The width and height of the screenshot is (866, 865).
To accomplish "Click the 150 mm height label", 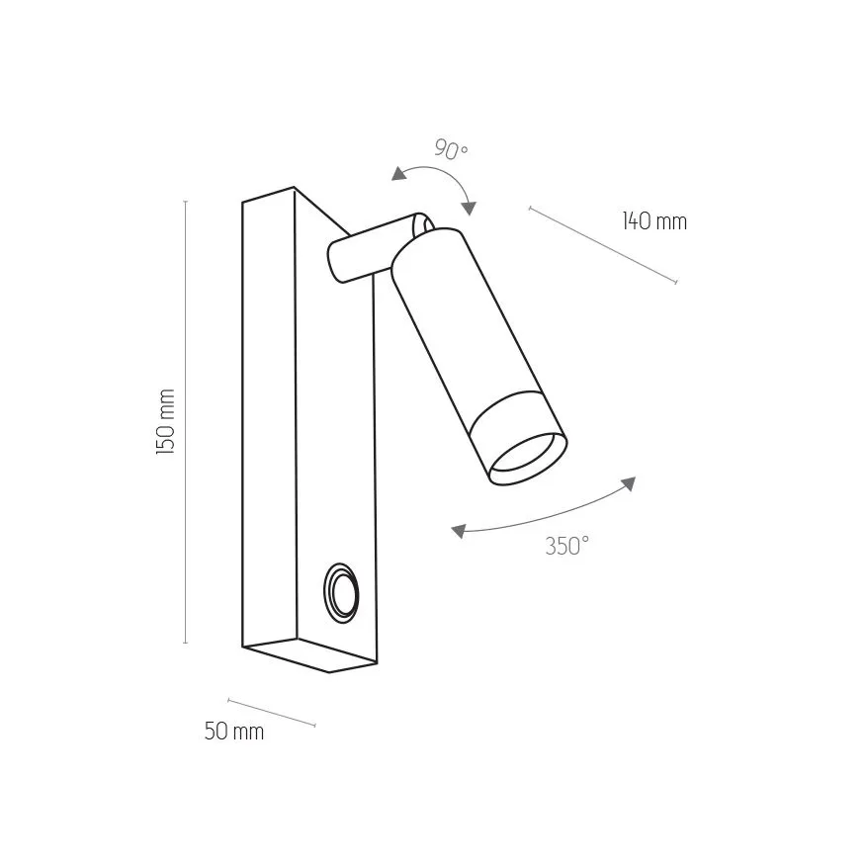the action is coord(166,421).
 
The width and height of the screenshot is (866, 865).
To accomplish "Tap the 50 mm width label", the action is coord(234,732).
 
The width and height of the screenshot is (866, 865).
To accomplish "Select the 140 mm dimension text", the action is coord(654,220).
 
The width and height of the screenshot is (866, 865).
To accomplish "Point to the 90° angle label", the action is coord(451,149).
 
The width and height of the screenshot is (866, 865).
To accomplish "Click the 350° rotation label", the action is coord(567,546).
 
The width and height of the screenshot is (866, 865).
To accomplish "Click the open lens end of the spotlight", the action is coord(529,458).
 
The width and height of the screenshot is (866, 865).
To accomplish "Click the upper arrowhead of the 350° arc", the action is coord(629,483).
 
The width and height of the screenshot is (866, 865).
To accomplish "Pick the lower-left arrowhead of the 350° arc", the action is coord(459,532).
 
